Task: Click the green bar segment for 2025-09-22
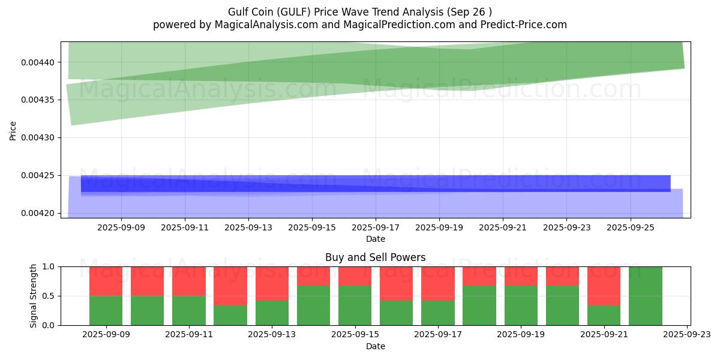646,296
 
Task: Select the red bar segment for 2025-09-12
230,286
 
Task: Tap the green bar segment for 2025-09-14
313,305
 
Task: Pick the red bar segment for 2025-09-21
604,286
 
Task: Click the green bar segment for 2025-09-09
106,310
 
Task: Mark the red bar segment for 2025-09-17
438,283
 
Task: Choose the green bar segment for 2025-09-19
521,305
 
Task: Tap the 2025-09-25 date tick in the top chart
630,227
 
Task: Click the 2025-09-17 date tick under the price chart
376,227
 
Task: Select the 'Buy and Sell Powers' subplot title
376,257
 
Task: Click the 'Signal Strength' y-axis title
34,296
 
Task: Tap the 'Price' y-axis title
13,130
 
